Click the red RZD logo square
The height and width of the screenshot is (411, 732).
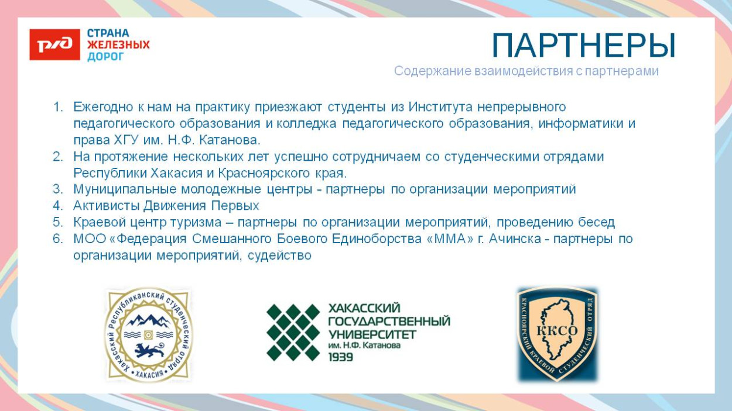point(54,45)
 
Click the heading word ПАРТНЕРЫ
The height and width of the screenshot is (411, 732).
point(583,46)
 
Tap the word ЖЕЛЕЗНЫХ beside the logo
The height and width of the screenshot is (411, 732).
point(118,45)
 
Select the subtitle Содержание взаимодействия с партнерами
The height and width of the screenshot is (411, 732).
point(526,71)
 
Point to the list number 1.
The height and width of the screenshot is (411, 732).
point(57,107)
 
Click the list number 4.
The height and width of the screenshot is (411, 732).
point(57,206)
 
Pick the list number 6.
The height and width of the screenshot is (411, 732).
point(57,239)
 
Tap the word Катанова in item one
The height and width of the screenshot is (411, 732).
point(235,140)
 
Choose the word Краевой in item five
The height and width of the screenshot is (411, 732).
point(97,222)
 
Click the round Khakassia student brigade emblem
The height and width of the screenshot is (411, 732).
point(149,334)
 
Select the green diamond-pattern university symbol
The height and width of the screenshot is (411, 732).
point(293,331)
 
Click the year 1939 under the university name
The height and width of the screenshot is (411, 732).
point(341,357)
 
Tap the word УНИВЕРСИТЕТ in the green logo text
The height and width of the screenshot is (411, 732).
point(372,334)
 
